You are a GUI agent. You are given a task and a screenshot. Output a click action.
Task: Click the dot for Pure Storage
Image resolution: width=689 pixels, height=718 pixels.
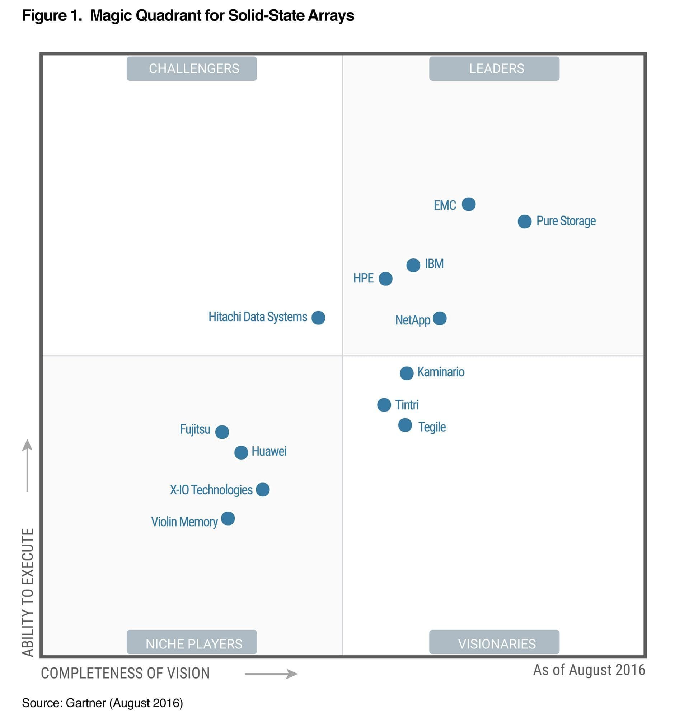pos(524,222)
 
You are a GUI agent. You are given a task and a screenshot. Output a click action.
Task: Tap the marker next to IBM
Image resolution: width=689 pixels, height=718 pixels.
pos(413,265)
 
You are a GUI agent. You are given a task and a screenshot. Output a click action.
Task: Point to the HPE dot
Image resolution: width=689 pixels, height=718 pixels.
pos(385,279)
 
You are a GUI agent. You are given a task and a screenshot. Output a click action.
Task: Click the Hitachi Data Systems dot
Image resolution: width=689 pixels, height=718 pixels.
pos(318,318)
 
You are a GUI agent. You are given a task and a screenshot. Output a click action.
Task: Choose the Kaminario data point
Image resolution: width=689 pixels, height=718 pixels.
pos(406,373)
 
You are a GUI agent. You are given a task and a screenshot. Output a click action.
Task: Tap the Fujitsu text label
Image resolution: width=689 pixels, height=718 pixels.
pos(195,429)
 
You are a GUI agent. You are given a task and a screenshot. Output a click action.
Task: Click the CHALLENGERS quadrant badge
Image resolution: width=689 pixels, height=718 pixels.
pos(192,68)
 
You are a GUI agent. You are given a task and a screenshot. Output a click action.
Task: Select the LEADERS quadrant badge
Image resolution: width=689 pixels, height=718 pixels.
pos(494,68)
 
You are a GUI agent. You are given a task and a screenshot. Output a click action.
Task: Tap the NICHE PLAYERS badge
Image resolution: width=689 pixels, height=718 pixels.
pos(192,644)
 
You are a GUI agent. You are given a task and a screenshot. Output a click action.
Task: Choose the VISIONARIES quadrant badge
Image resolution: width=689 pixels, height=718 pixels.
pos(494,644)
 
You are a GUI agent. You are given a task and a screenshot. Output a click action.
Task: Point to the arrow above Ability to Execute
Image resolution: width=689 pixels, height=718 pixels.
pos(27,465)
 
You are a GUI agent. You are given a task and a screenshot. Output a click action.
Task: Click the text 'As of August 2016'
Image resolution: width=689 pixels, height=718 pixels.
pos(589,670)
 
